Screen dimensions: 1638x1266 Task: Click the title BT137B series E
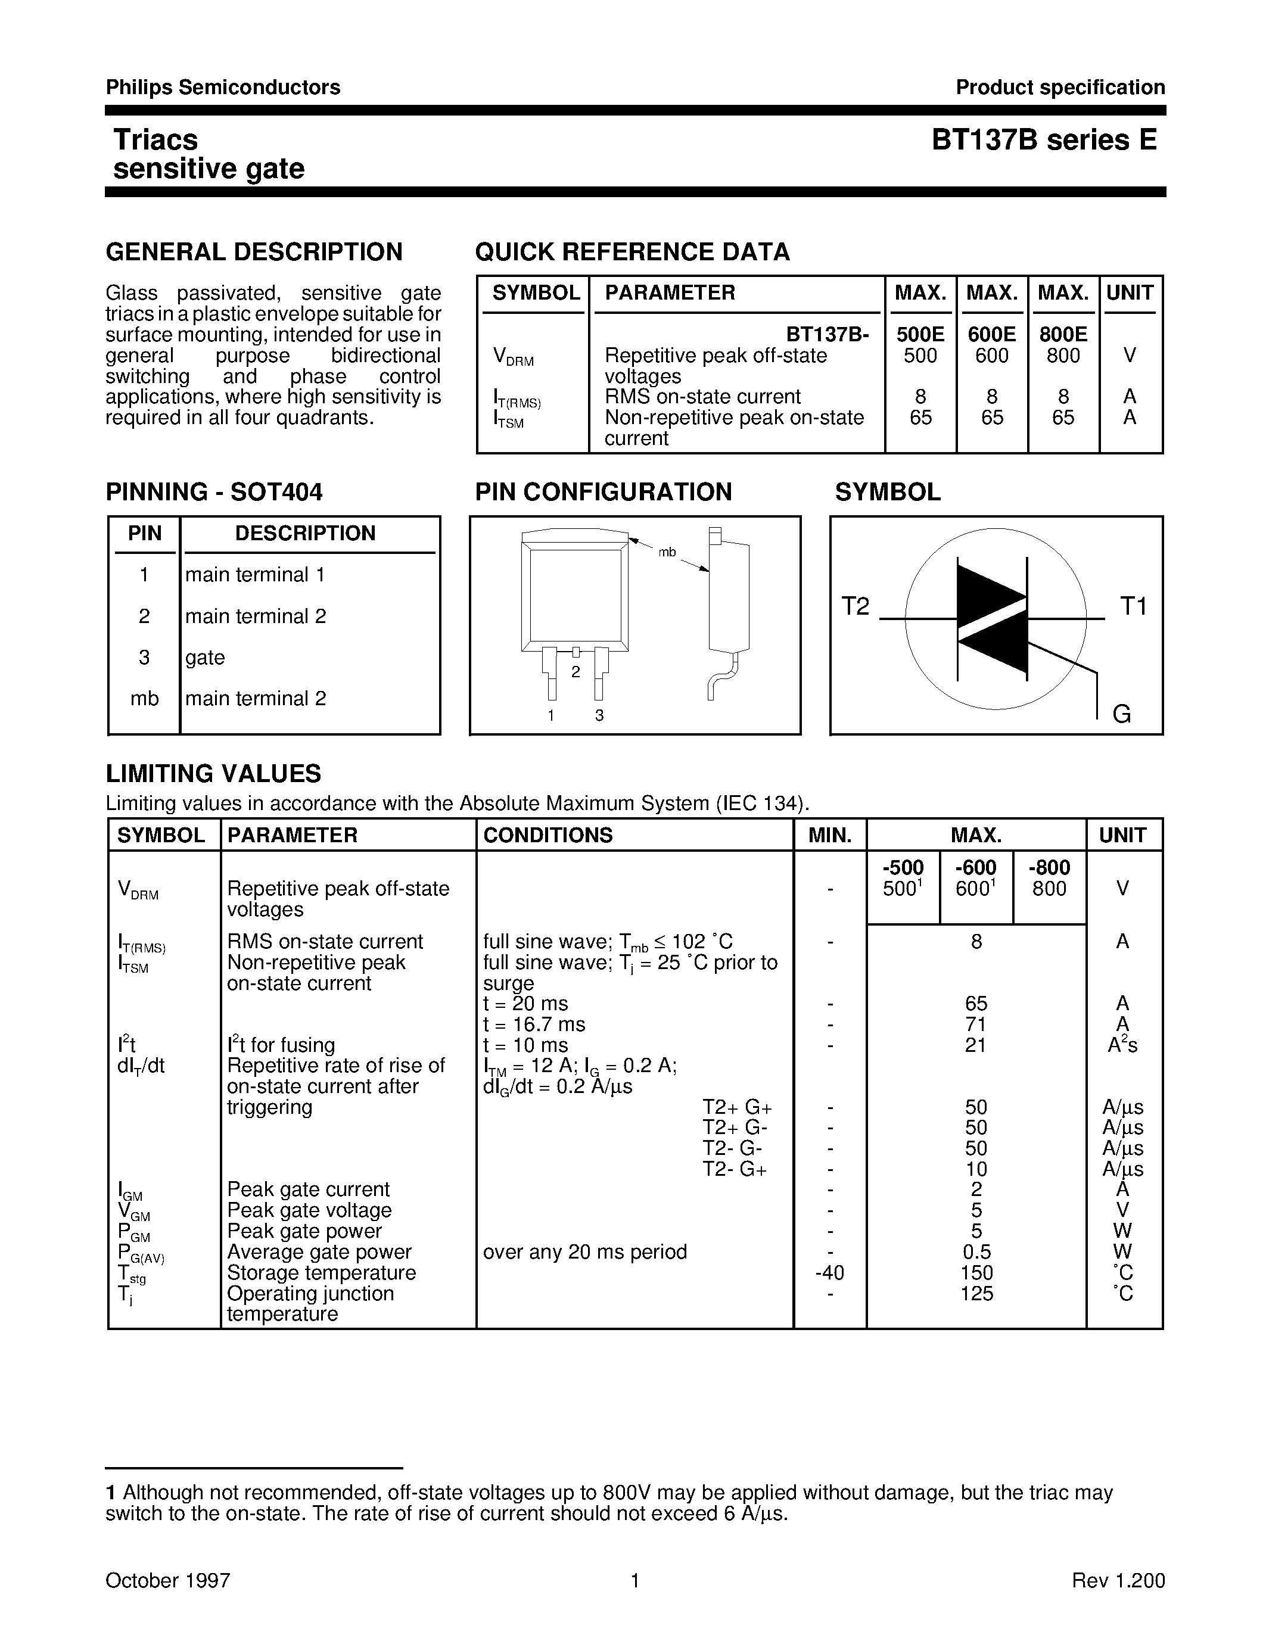(x=1044, y=140)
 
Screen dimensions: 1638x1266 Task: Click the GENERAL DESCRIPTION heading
(x=254, y=252)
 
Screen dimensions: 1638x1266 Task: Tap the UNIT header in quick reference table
(x=1130, y=292)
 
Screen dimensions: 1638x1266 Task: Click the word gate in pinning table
(x=205, y=658)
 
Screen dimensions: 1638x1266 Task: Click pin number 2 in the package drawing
(x=576, y=672)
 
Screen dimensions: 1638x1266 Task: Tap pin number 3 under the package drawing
(x=599, y=715)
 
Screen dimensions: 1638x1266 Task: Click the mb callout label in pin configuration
(x=667, y=553)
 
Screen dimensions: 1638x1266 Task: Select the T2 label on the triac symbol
(x=855, y=606)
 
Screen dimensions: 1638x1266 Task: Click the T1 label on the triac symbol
(x=1133, y=606)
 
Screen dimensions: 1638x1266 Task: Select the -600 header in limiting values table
(x=976, y=868)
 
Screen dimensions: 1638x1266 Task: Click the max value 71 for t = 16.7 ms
(x=976, y=1024)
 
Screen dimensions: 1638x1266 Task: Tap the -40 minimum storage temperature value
(x=829, y=1273)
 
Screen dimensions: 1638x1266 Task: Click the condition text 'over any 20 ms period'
(x=584, y=1252)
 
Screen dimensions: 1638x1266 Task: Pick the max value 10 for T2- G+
(x=976, y=1169)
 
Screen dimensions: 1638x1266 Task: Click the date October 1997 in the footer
(x=167, y=1580)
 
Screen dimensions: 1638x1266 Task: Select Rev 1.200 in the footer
(x=1118, y=1580)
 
